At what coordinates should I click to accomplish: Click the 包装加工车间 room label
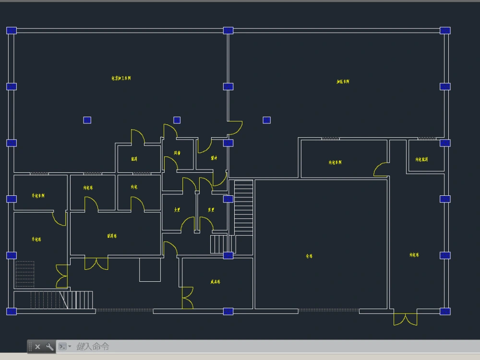coord(121,78)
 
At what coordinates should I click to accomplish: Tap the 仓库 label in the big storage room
coord(309,256)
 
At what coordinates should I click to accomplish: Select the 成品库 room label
coord(215,282)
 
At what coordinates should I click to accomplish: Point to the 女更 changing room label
coord(177,210)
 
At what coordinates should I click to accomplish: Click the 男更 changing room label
coord(211,210)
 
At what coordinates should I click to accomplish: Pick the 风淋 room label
coord(177,153)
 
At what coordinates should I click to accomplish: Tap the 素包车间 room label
coord(38,196)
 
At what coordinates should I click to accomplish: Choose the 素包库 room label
coord(36,239)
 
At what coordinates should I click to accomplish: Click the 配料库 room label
coord(112,236)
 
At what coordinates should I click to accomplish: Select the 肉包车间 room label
coord(335,162)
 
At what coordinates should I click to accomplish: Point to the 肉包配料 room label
coord(421,159)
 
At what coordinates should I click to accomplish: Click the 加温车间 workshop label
coord(343,82)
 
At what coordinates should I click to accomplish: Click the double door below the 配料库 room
coord(96,264)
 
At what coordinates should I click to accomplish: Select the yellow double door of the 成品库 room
coord(187,298)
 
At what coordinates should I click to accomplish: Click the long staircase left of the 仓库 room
coord(243,207)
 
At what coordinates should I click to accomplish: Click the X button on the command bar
coord(37,347)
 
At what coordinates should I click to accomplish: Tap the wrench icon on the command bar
coord(49,347)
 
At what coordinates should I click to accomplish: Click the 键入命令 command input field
coord(192,347)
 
